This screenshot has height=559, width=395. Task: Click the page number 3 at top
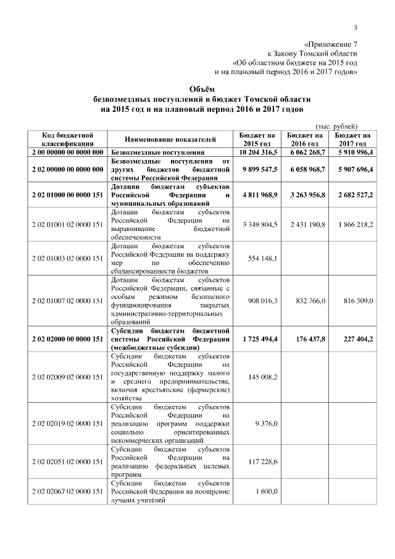pyautogui.click(x=355, y=27)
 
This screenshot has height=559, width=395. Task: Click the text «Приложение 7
pyautogui.click(x=331, y=44)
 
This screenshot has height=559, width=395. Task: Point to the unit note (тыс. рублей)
pyautogui.click(x=336, y=125)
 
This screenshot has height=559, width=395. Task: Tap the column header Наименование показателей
pyautogui.click(x=170, y=138)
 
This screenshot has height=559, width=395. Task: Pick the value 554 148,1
pyautogui.click(x=264, y=258)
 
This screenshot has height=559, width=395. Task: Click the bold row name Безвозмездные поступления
pyautogui.click(x=157, y=151)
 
